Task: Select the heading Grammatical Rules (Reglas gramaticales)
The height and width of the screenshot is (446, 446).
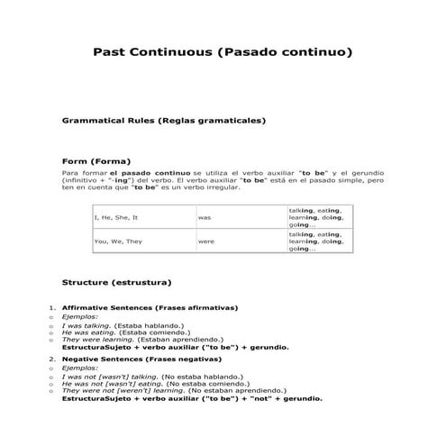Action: (x=163, y=120)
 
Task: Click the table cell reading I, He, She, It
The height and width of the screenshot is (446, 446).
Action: (x=116, y=218)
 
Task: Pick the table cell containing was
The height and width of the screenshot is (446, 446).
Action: (x=205, y=218)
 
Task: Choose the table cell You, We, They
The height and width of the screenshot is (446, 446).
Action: (x=118, y=241)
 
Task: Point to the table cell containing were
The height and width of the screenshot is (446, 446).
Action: (x=206, y=241)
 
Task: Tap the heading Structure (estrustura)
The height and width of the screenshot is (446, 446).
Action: (x=116, y=282)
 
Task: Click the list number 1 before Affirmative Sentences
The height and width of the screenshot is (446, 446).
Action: (x=51, y=308)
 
